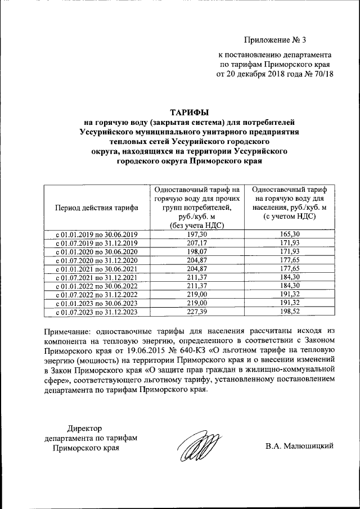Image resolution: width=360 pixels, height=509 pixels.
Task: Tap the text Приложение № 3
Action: [x=276, y=39]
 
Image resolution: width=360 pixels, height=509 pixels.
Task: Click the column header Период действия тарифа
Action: [x=96, y=208]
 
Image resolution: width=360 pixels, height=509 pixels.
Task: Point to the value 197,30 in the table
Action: [x=196, y=233]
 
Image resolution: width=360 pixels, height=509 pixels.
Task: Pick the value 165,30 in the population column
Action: [x=290, y=233]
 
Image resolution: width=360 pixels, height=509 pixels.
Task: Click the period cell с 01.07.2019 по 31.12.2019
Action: [x=96, y=242]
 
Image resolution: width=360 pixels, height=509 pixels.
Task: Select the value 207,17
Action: [x=196, y=242]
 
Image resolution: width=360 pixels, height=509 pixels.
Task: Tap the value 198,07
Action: [x=196, y=251]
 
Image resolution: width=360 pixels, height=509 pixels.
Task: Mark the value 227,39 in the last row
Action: [x=196, y=311]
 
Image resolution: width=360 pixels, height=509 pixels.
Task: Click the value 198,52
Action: [x=290, y=311]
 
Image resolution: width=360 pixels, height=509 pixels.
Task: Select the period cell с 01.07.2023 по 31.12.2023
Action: [x=96, y=311]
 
